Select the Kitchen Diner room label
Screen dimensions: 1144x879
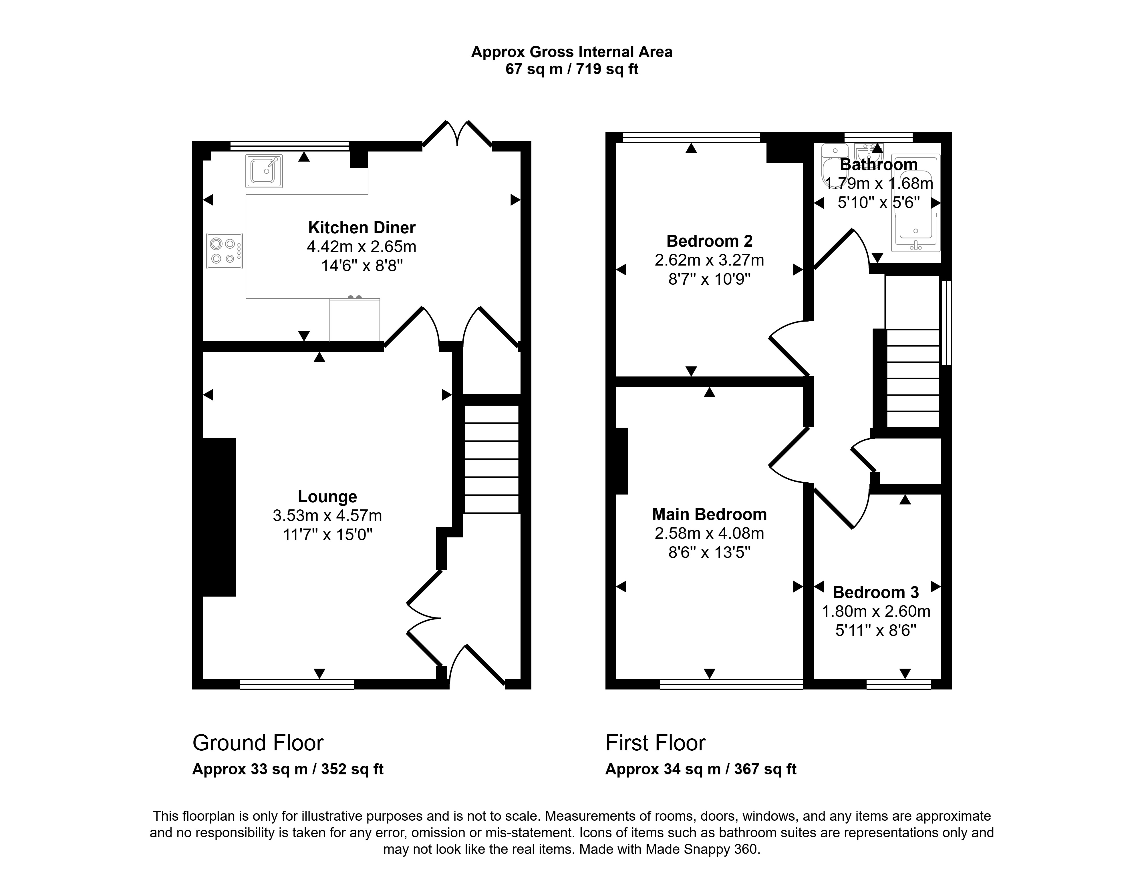(362, 228)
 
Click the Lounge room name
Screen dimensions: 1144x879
(327, 497)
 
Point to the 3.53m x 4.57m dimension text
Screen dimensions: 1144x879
(327, 516)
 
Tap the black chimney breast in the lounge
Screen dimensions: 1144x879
(219, 517)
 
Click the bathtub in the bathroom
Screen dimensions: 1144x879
(915, 204)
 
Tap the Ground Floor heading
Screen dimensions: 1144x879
(258, 743)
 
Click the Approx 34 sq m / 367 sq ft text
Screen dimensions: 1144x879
(701, 769)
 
